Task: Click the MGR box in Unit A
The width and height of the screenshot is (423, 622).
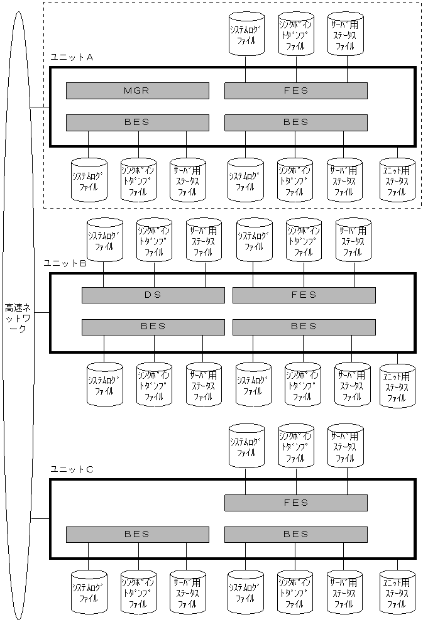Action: (x=137, y=91)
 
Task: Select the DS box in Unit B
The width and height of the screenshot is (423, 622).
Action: (x=153, y=295)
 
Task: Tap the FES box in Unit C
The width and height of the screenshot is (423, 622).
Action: (x=295, y=503)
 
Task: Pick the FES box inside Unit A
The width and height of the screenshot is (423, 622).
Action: (x=295, y=91)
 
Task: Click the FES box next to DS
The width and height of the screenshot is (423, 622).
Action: (x=304, y=295)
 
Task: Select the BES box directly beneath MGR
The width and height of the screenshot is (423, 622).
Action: (x=137, y=122)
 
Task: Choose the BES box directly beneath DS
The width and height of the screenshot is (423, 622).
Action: (x=153, y=327)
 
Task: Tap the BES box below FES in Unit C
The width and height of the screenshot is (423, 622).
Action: (x=295, y=535)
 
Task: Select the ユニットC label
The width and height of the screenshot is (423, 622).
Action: (x=72, y=469)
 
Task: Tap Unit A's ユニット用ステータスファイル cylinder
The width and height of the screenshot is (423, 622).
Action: (x=397, y=180)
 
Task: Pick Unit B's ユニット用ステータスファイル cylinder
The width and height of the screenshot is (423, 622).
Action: (x=397, y=386)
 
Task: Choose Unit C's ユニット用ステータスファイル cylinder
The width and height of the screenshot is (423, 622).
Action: (x=397, y=592)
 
